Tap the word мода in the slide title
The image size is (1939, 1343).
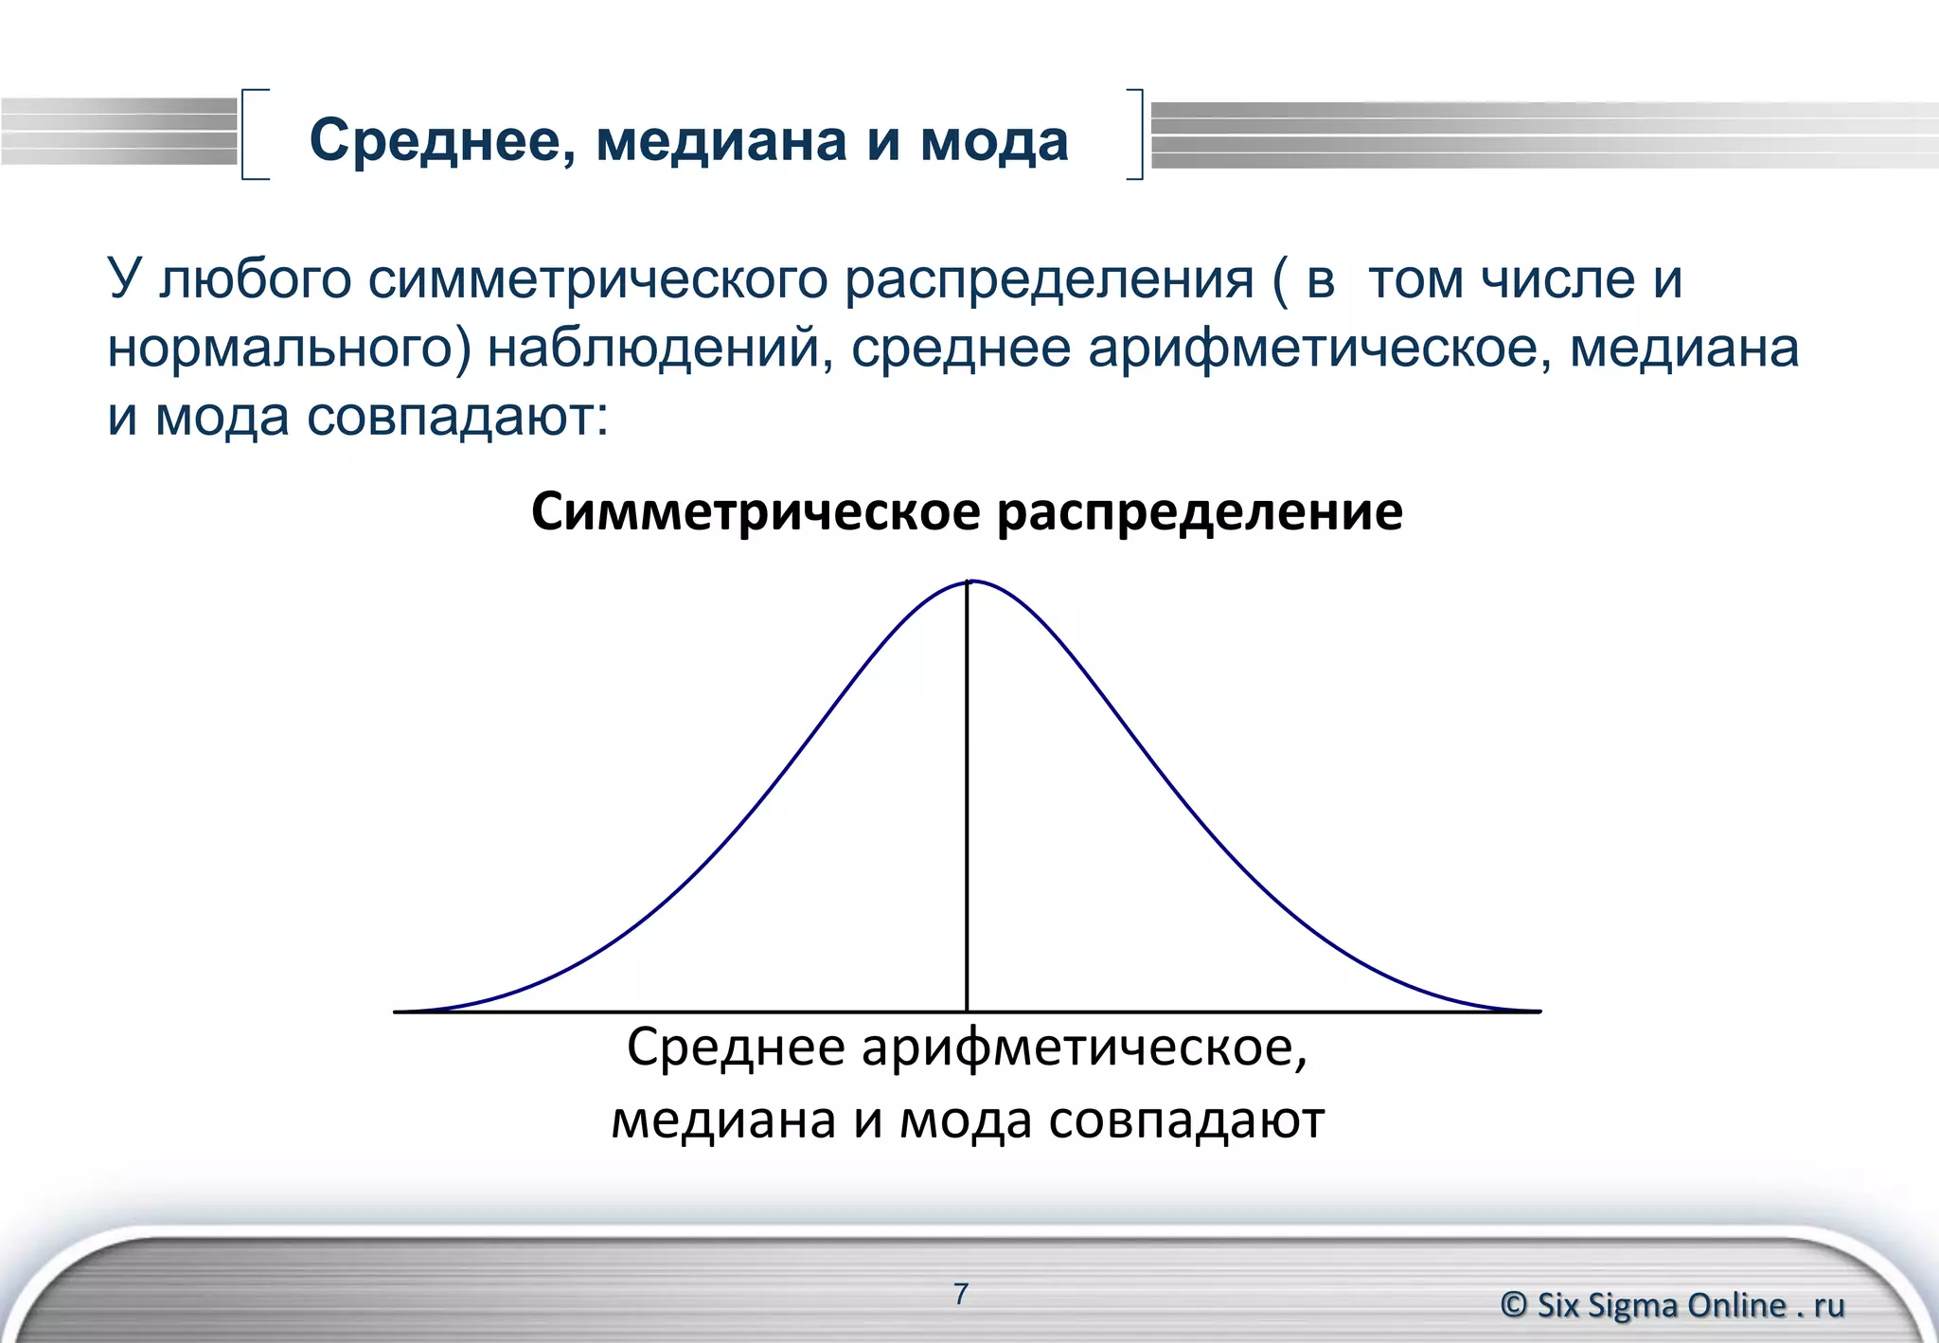pos(994,142)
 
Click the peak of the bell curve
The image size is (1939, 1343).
pos(969,581)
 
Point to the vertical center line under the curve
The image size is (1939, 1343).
pos(967,805)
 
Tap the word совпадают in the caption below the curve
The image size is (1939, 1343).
pos(1187,1120)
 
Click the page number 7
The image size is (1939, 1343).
pos(961,1294)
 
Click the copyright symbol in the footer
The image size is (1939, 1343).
pos(1513,1305)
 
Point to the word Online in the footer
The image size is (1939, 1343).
pos(1737,1305)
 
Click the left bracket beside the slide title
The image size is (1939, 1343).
pos(248,134)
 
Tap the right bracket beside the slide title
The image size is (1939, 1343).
pos(1137,134)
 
